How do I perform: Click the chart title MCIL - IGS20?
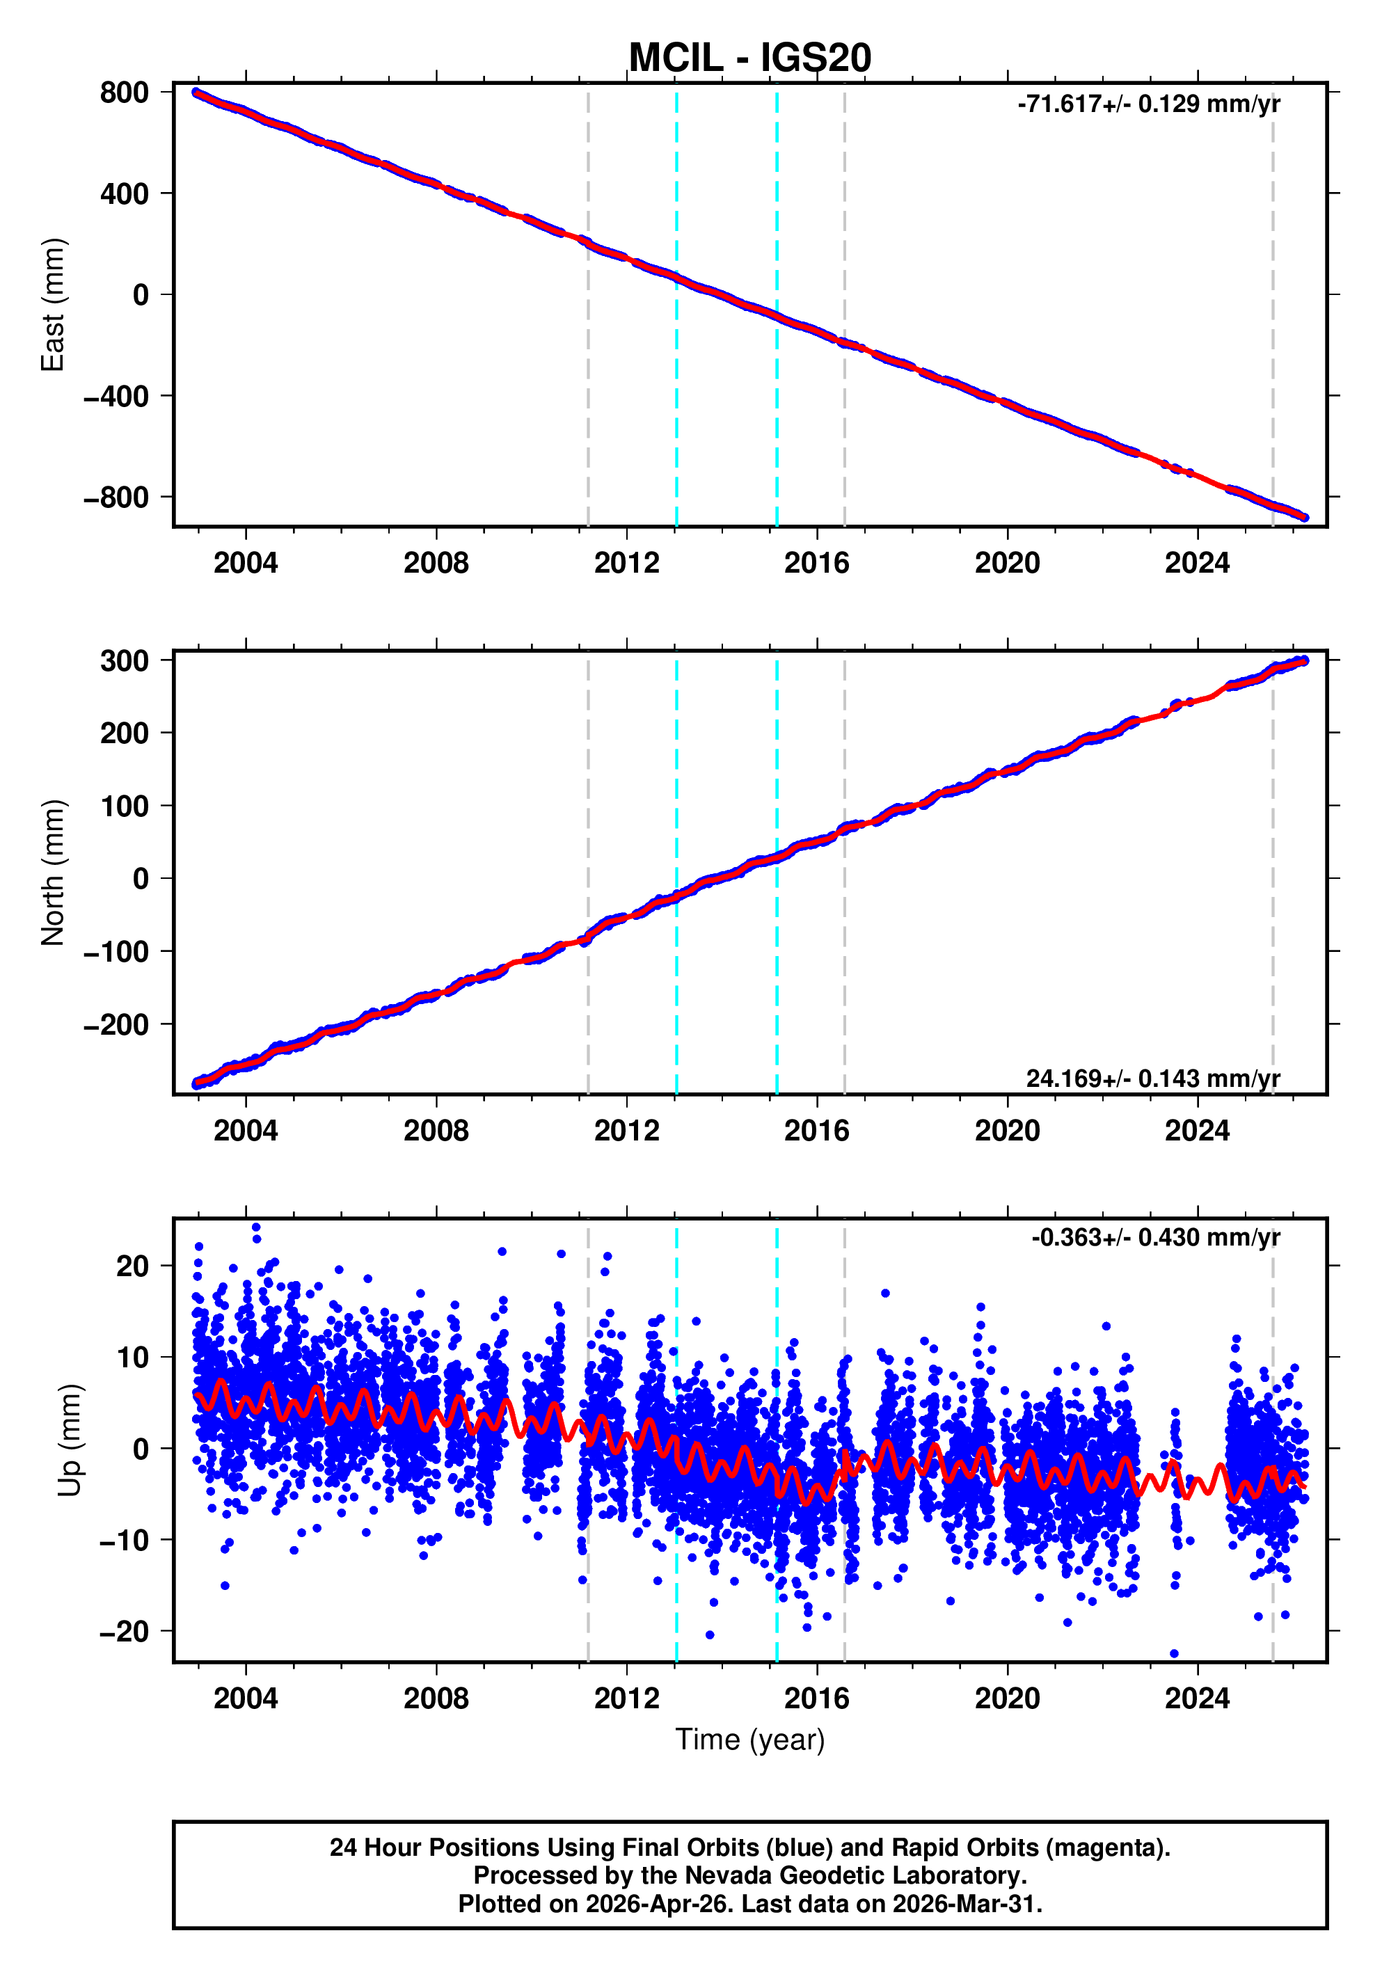(750, 58)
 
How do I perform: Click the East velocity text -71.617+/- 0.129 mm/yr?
(1148, 104)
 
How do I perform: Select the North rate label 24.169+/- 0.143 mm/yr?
(1152, 1078)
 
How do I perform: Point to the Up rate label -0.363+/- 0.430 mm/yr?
(1155, 1238)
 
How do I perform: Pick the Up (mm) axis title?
(70, 1440)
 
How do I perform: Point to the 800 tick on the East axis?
(124, 93)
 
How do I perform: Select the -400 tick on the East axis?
(116, 396)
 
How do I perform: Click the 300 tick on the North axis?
(124, 661)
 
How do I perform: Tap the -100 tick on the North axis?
(116, 952)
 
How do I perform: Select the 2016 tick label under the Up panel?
(816, 1699)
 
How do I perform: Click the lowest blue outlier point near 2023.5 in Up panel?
(1174, 1653)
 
